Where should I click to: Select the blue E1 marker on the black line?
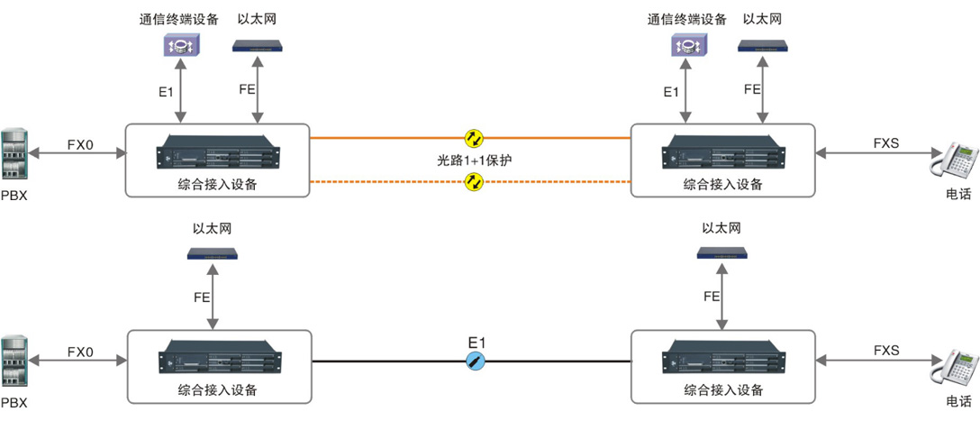(x=476, y=362)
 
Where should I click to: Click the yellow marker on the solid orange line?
(x=474, y=138)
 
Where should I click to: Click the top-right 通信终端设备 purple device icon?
(x=687, y=45)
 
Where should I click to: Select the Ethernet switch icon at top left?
(x=259, y=45)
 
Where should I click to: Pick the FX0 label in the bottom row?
(x=80, y=351)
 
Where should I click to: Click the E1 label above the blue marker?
(x=476, y=343)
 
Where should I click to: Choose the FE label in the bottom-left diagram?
(x=204, y=296)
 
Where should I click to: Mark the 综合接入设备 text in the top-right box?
(x=722, y=184)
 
